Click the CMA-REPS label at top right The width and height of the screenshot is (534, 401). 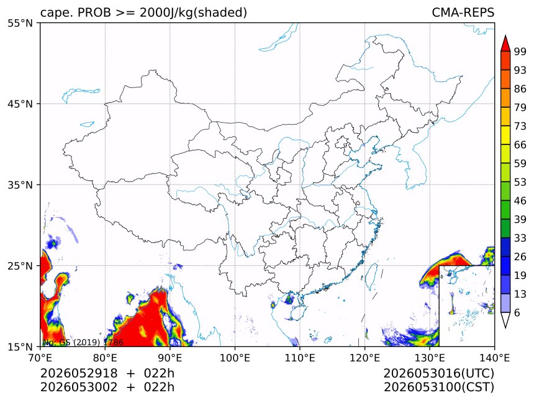(463, 12)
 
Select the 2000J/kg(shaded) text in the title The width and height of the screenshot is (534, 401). (193, 13)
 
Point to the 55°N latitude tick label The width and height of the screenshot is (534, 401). (20, 23)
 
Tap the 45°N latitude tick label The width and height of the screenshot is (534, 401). (20, 104)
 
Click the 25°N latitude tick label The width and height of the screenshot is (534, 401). (20, 265)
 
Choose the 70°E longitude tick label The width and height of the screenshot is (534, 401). (40, 358)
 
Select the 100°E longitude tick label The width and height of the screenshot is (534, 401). (235, 358)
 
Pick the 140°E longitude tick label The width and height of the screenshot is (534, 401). (494, 358)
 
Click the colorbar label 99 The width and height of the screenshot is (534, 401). (520, 51)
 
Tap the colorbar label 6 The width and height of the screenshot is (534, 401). (517, 312)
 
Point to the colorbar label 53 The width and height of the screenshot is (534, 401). (520, 182)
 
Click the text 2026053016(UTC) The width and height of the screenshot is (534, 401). (438, 373)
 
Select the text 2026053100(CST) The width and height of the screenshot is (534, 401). (438, 387)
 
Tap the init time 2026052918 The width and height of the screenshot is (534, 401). (79, 373)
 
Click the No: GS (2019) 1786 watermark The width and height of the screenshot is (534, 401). (83, 342)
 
